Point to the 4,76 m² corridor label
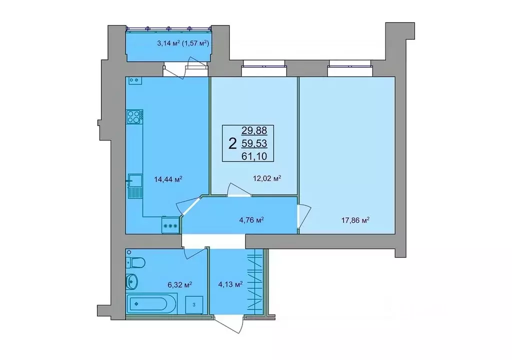(250, 219)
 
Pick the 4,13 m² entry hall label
(230, 284)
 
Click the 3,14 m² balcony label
(182, 43)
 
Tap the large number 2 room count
(232, 144)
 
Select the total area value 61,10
(254, 156)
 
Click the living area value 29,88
(254, 131)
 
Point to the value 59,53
(254, 144)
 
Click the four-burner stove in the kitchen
(133, 116)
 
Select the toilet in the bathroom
(136, 262)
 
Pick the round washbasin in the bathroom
(132, 281)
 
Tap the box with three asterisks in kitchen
(170, 225)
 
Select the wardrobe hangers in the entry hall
(255, 282)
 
